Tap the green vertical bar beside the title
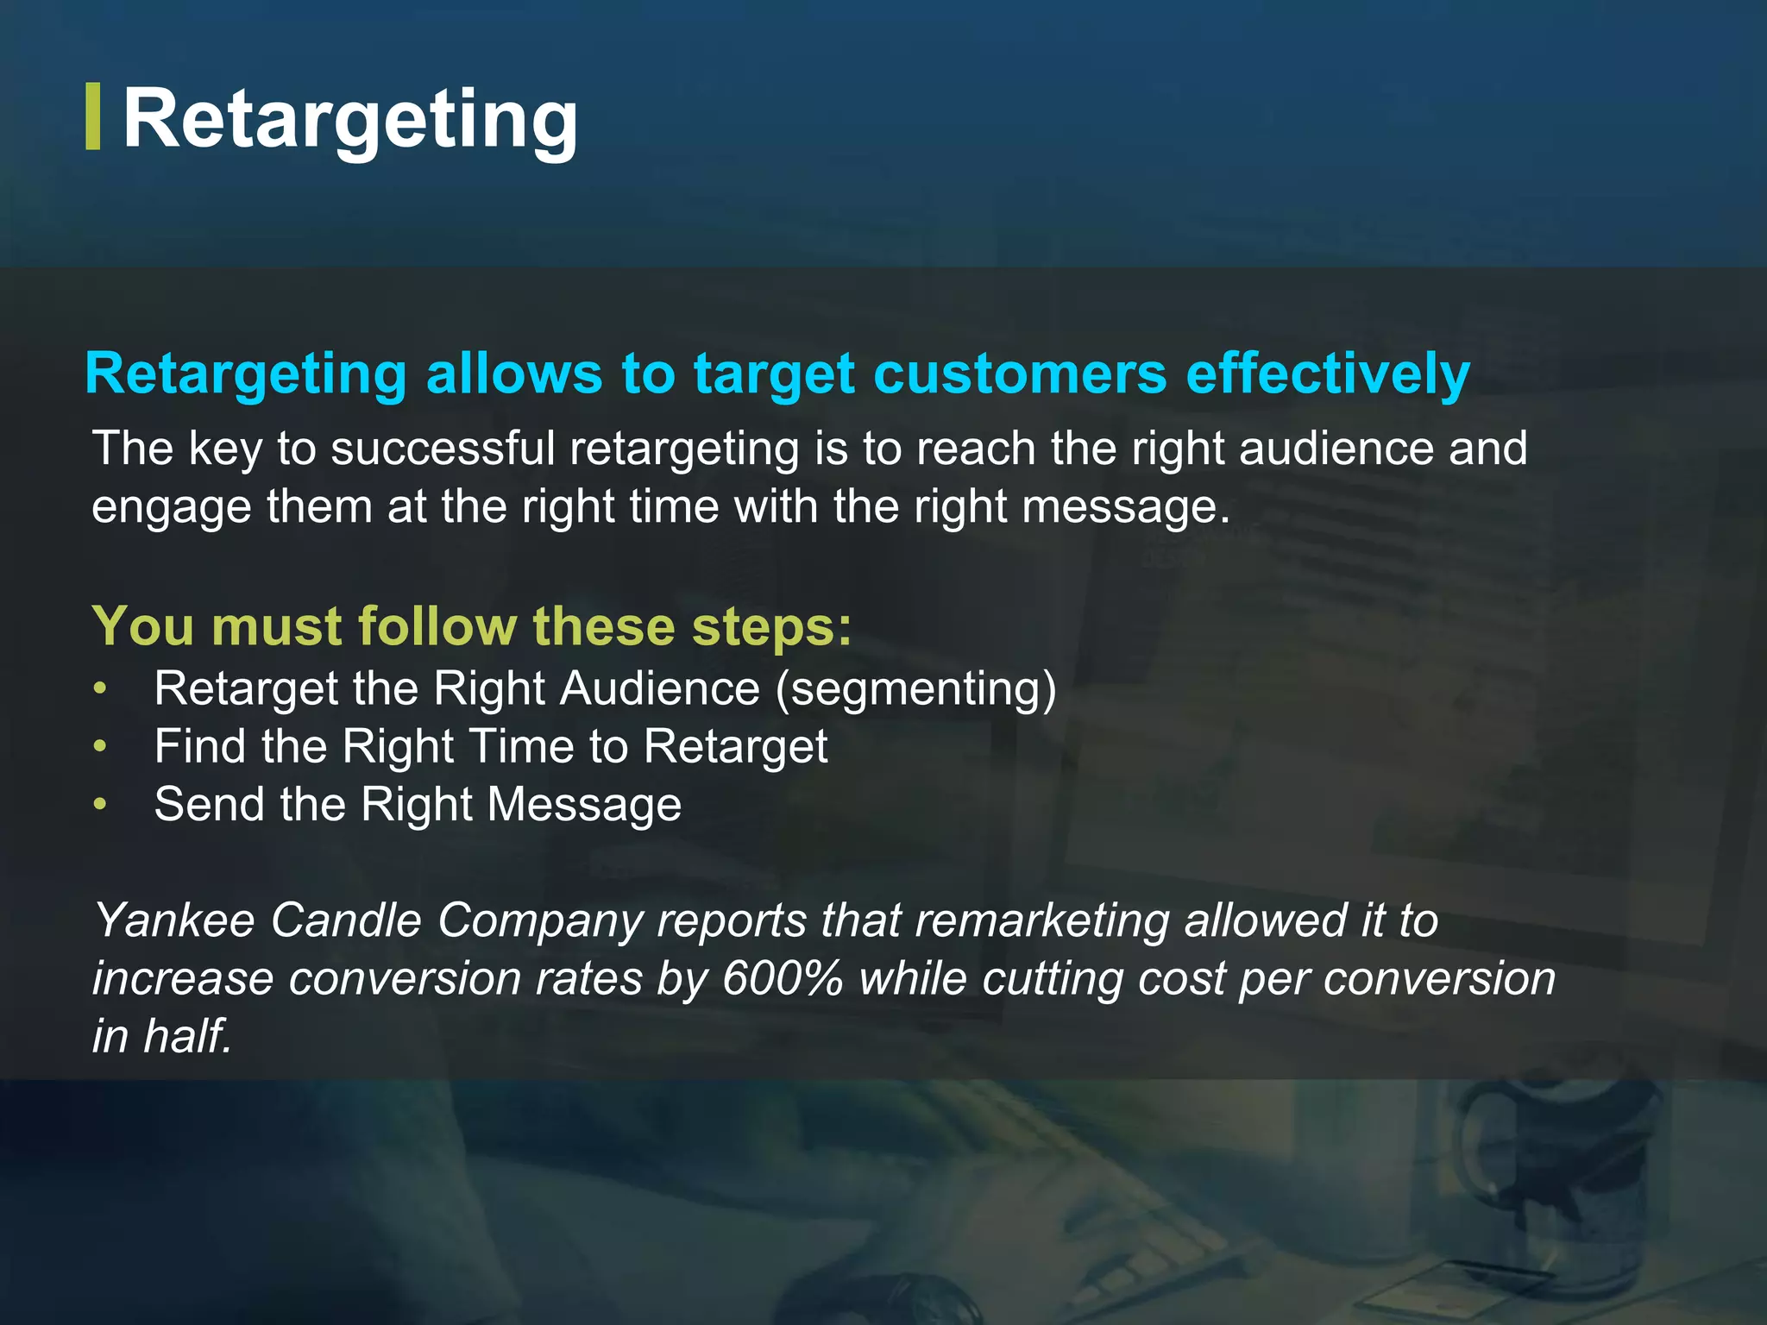coord(93,117)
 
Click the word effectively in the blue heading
coord(1328,374)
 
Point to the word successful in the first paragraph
coord(443,449)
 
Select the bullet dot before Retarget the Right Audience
coord(101,688)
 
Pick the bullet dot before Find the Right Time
coord(101,746)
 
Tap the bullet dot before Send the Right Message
coord(101,804)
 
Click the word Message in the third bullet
coord(584,805)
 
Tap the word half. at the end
coord(188,1036)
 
